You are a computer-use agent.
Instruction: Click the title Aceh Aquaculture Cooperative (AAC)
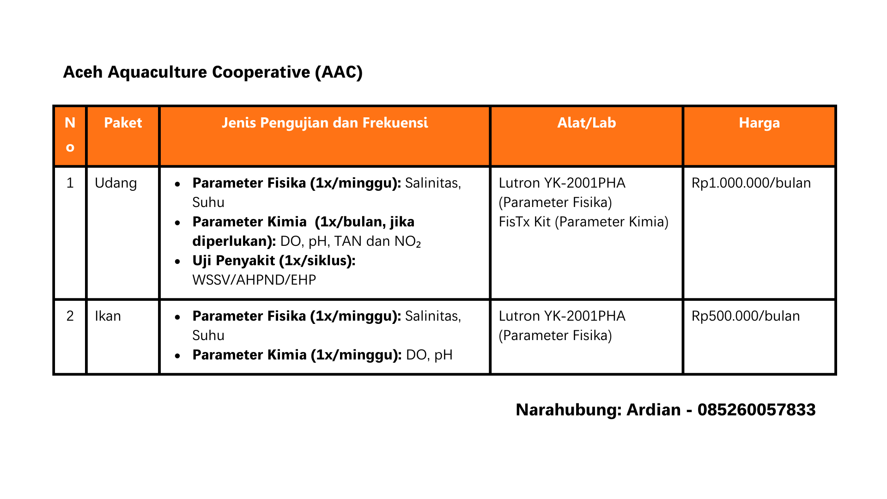pos(213,73)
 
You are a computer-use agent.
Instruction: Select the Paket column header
pos(123,123)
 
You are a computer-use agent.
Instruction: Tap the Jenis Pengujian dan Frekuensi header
pos(325,123)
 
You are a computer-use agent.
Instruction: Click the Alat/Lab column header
pos(587,123)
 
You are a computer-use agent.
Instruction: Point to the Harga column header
pos(759,123)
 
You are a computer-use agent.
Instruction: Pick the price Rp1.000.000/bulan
pos(751,183)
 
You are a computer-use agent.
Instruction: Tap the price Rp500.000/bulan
pos(746,316)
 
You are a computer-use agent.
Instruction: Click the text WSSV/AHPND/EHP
pos(254,280)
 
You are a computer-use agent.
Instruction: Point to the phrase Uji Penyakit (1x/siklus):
pos(274,261)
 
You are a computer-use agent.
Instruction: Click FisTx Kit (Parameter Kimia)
pos(583,222)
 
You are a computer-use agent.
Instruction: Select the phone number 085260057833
pos(757,410)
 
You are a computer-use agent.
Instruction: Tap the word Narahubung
pos(569,410)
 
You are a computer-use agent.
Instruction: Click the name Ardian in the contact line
pos(653,410)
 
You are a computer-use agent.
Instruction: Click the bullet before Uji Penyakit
pos(178,262)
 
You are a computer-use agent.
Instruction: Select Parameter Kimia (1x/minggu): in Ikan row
pos(297,355)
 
